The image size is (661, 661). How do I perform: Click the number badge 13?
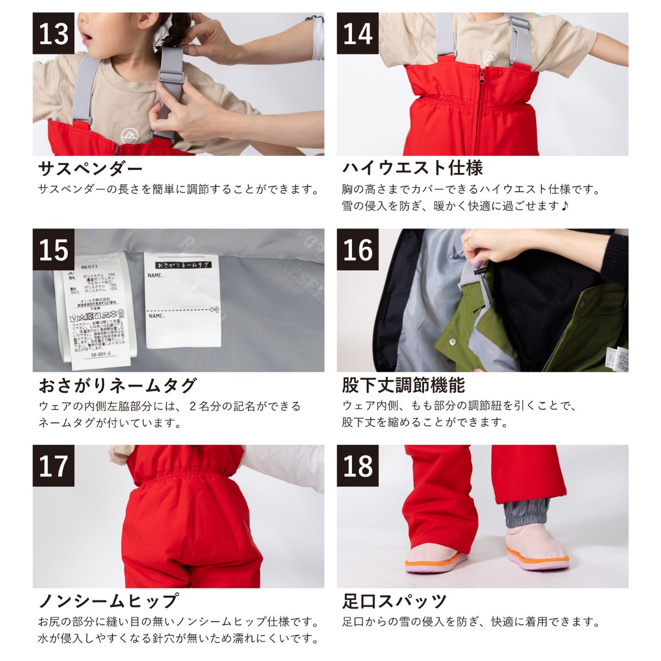coord(53,34)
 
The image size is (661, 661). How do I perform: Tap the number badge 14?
coord(358,34)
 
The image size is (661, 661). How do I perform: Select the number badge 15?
coord(53,250)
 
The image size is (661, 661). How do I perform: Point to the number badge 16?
coord(358,250)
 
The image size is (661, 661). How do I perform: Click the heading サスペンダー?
coord(90,167)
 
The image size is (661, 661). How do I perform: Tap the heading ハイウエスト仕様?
coord(412,167)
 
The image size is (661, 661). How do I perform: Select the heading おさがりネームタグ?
coord(117,384)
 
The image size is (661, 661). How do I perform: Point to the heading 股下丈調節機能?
coord(403,384)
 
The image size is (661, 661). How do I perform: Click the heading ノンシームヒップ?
coord(108,600)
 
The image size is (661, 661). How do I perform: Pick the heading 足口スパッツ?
coord(394,600)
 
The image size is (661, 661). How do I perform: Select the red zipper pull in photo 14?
coord(484,73)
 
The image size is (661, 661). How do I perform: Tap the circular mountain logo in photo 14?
coord(489,57)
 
